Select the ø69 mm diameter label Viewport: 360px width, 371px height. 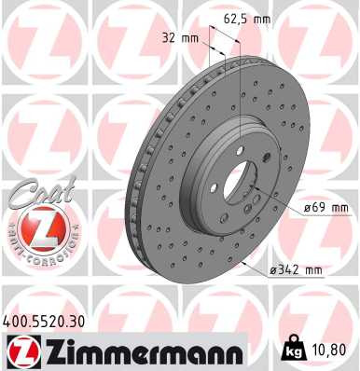(325, 207)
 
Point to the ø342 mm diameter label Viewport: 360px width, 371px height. (296, 270)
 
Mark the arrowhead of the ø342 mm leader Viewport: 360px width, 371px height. (244, 263)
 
